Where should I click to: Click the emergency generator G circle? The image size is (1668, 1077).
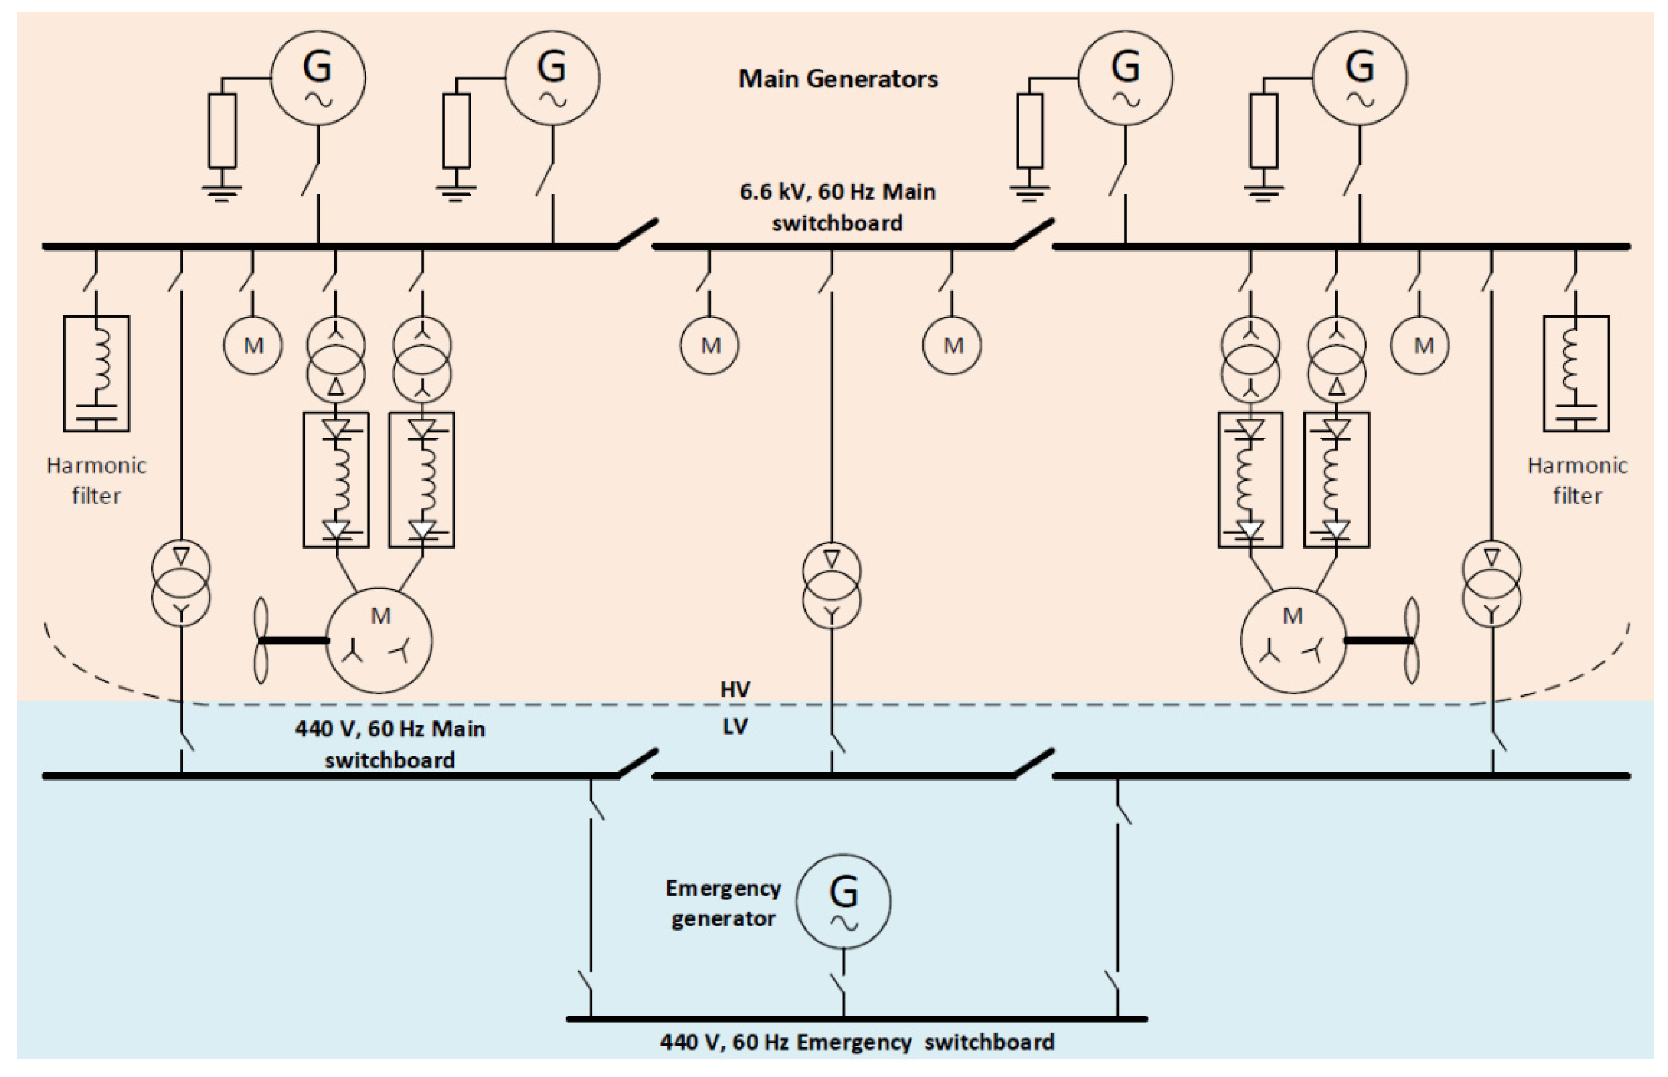point(843,901)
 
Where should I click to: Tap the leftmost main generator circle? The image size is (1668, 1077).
point(318,78)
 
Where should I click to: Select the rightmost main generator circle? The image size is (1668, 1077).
point(1359,78)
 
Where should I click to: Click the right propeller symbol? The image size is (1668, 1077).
point(1411,640)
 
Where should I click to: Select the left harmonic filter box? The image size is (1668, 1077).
point(97,374)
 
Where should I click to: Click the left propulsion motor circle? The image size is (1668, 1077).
point(379,640)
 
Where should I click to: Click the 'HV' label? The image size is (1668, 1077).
point(735,690)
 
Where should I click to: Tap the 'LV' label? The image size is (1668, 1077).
point(735,727)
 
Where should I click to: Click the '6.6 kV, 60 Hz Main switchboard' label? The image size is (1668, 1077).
point(837,207)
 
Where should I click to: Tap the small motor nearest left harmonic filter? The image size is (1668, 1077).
point(253,346)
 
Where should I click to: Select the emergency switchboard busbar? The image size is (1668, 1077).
point(856,1019)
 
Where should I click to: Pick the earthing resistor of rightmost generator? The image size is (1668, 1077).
point(1263,131)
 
